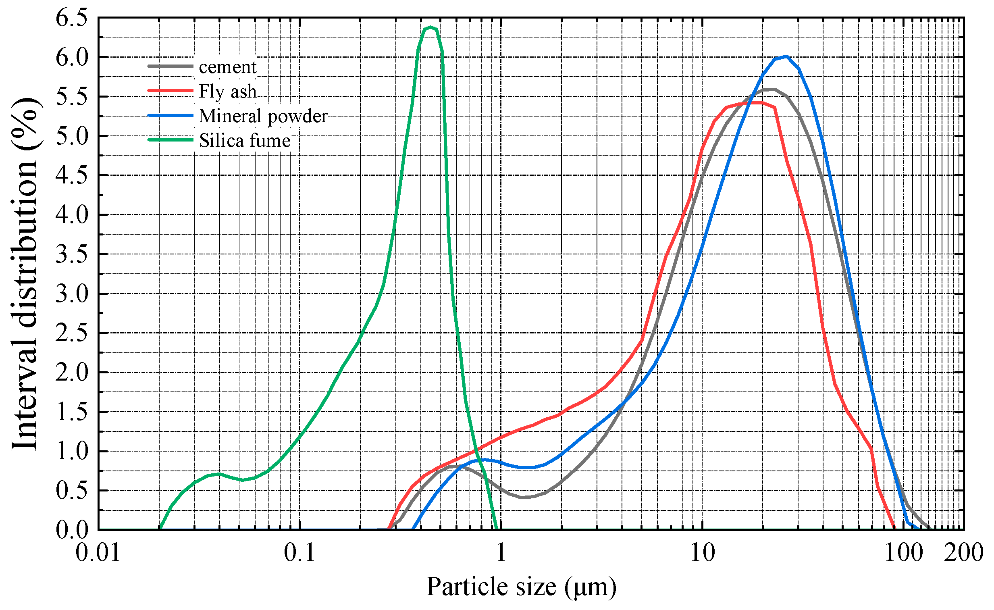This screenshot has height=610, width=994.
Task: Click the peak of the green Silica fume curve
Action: pyautogui.click(x=430, y=27)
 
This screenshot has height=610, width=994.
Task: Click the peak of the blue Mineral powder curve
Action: pyautogui.click(x=786, y=56)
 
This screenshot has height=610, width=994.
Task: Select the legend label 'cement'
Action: pyautogui.click(x=227, y=67)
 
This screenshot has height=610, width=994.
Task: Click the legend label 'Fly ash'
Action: pyautogui.click(x=227, y=92)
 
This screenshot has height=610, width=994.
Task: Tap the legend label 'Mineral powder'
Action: pyautogui.click(x=263, y=116)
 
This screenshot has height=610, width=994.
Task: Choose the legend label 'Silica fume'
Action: pyautogui.click(x=245, y=141)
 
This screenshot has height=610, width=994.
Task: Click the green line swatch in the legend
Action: pyautogui.click(x=170, y=140)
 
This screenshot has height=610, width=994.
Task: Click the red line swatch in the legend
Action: pyautogui.click(x=170, y=91)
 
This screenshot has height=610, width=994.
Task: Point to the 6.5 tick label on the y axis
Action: pyautogui.click(x=71, y=18)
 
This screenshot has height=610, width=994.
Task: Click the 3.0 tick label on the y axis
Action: pyautogui.click(x=71, y=294)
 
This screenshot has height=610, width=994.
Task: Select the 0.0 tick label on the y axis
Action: pyautogui.click(x=71, y=530)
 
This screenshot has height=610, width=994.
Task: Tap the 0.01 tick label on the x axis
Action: pyautogui.click(x=98, y=553)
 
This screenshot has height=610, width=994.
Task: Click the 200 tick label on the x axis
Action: pyautogui.click(x=963, y=553)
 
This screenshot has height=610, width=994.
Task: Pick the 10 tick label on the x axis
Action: pyautogui.click(x=702, y=553)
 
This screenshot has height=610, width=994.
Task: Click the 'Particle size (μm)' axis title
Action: pyautogui.click(x=521, y=587)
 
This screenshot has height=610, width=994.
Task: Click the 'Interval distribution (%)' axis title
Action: pyautogui.click(x=25, y=274)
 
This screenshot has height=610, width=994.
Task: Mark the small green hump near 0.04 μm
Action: pyautogui.click(x=218, y=474)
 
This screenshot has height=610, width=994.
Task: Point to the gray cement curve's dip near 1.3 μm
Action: pyautogui.click(x=523, y=497)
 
